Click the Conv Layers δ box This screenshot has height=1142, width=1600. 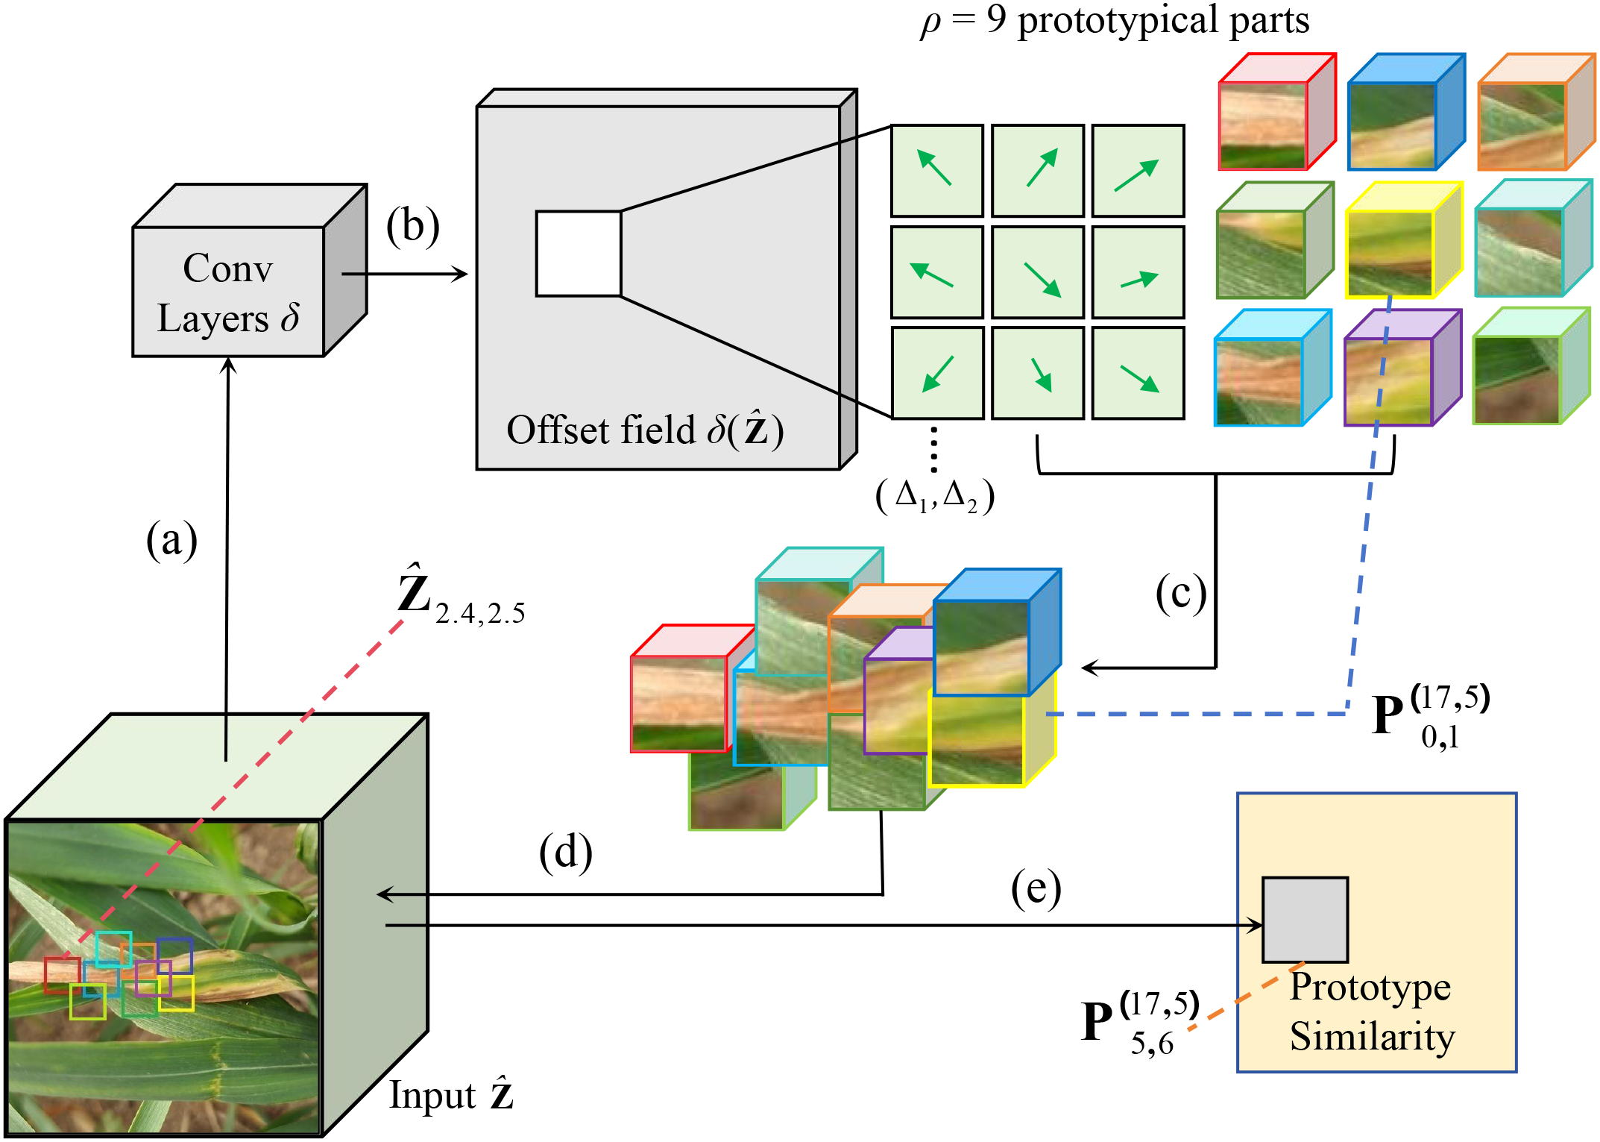tap(229, 292)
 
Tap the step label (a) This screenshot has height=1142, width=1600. tap(171, 540)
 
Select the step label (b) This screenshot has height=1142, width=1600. tap(412, 227)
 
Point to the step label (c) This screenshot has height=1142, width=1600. tap(1180, 594)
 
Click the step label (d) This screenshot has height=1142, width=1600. tap(565, 852)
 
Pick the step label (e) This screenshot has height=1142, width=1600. tap(1036, 889)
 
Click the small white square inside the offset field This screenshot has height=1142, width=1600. tap(578, 254)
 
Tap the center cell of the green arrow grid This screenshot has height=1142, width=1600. tap(1037, 272)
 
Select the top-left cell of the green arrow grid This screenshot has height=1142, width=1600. tap(936, 171)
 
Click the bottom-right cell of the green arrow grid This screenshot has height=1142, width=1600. tap(1138, 373)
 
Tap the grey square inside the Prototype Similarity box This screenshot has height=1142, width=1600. tap(1305, 919)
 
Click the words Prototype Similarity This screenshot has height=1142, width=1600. tap(1371, 1011)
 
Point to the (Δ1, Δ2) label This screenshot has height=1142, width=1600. tap(935, 496)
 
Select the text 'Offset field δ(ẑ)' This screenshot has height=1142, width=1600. tap(644, 430)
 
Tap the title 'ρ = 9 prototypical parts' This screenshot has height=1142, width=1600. tap(1114, 21)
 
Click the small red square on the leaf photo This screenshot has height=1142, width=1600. tap(62, 975)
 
